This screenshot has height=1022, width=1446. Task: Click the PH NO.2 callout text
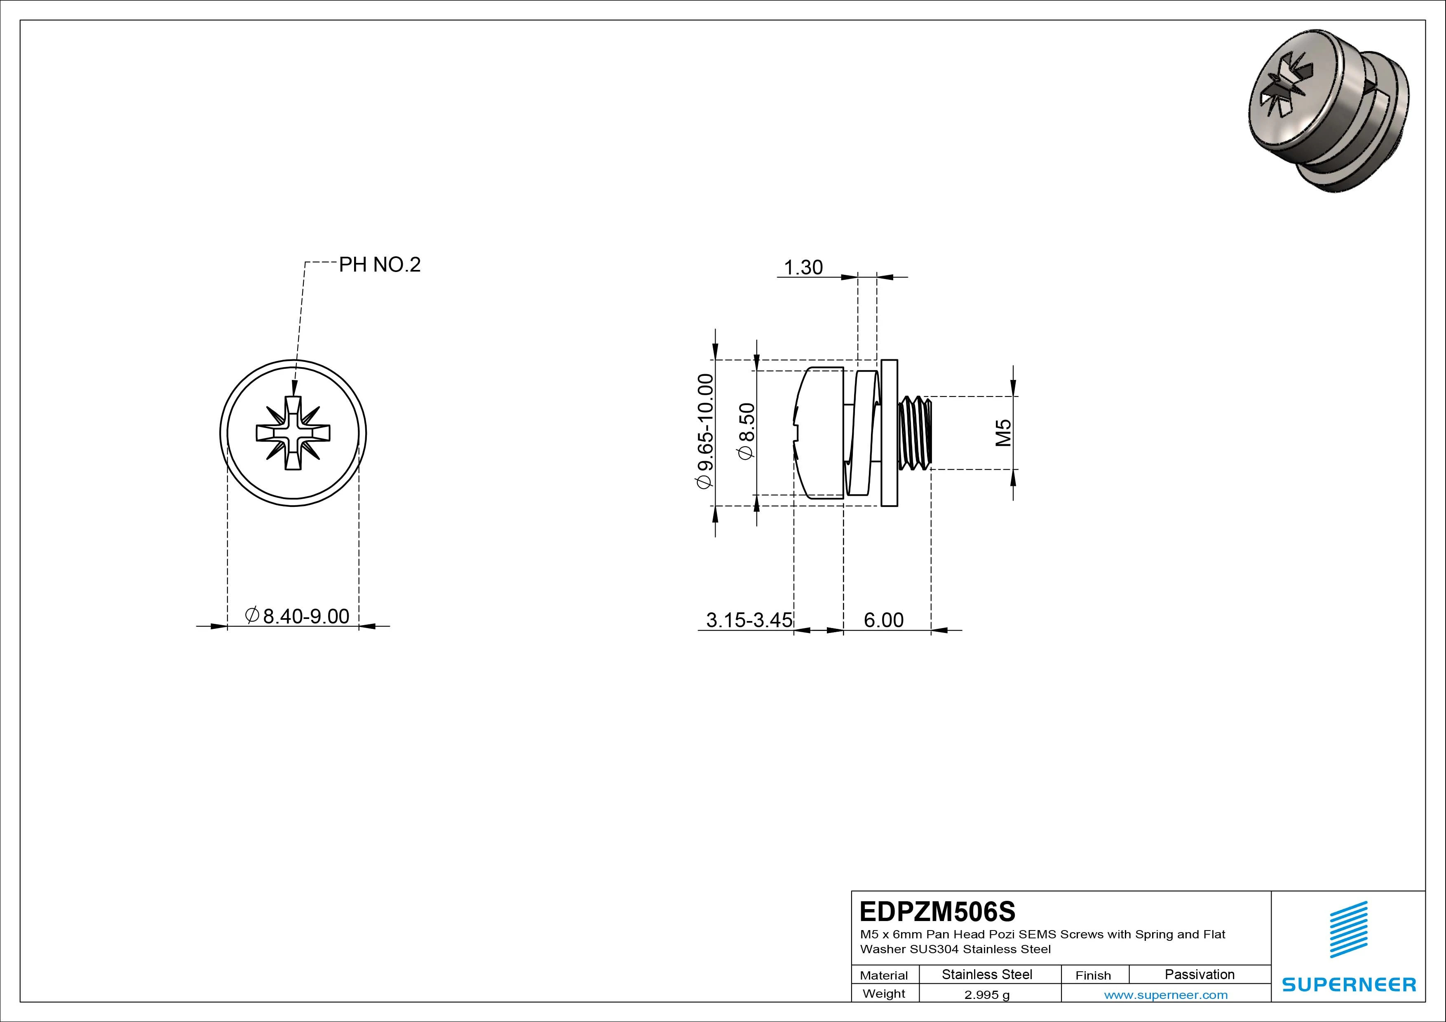coord(379,265)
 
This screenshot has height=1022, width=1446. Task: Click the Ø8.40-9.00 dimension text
coord(297,615)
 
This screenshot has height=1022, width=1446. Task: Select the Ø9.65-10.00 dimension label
coord(705,431)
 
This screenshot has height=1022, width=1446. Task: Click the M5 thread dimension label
coord(1003,433)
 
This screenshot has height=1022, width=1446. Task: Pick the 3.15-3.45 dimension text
coord(749,620)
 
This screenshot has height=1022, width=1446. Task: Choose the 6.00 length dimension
coord(884,620)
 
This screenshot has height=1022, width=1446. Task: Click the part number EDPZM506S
coord(937,911)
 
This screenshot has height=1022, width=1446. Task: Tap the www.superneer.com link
coord(1166,995)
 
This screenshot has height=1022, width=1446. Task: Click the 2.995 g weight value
coord(987,995)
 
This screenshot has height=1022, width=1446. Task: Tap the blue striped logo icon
coord(1348,929)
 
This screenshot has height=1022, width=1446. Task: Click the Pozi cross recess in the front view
coord(293,433)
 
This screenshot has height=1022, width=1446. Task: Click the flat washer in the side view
coord(889,433)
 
